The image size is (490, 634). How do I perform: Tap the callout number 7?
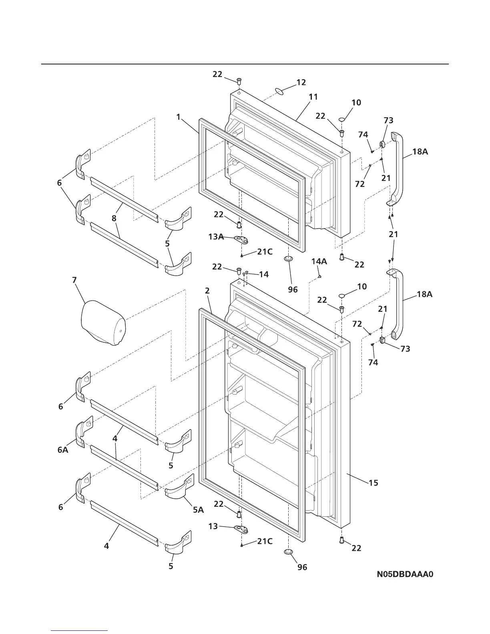coord(74,280)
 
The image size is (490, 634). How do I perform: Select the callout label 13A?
coord(216,237)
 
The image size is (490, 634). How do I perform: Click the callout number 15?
coord(373,483)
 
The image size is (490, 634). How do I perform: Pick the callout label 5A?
coord(199,510)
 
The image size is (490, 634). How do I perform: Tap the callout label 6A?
coord(63,450)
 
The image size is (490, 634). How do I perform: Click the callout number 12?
coord(301,82)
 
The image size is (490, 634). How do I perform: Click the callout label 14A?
coord(319,261)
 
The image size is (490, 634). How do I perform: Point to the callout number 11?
coord(313,96)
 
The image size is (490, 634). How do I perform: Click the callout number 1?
coord(179,117)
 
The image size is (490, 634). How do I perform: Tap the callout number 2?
coord(207,291)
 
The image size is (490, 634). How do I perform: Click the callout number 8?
coord(114,219)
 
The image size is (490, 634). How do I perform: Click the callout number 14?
coord(264,275)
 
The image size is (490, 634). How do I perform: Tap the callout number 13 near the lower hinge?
coord(213,526)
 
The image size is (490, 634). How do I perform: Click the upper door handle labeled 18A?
coord(397,168)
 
